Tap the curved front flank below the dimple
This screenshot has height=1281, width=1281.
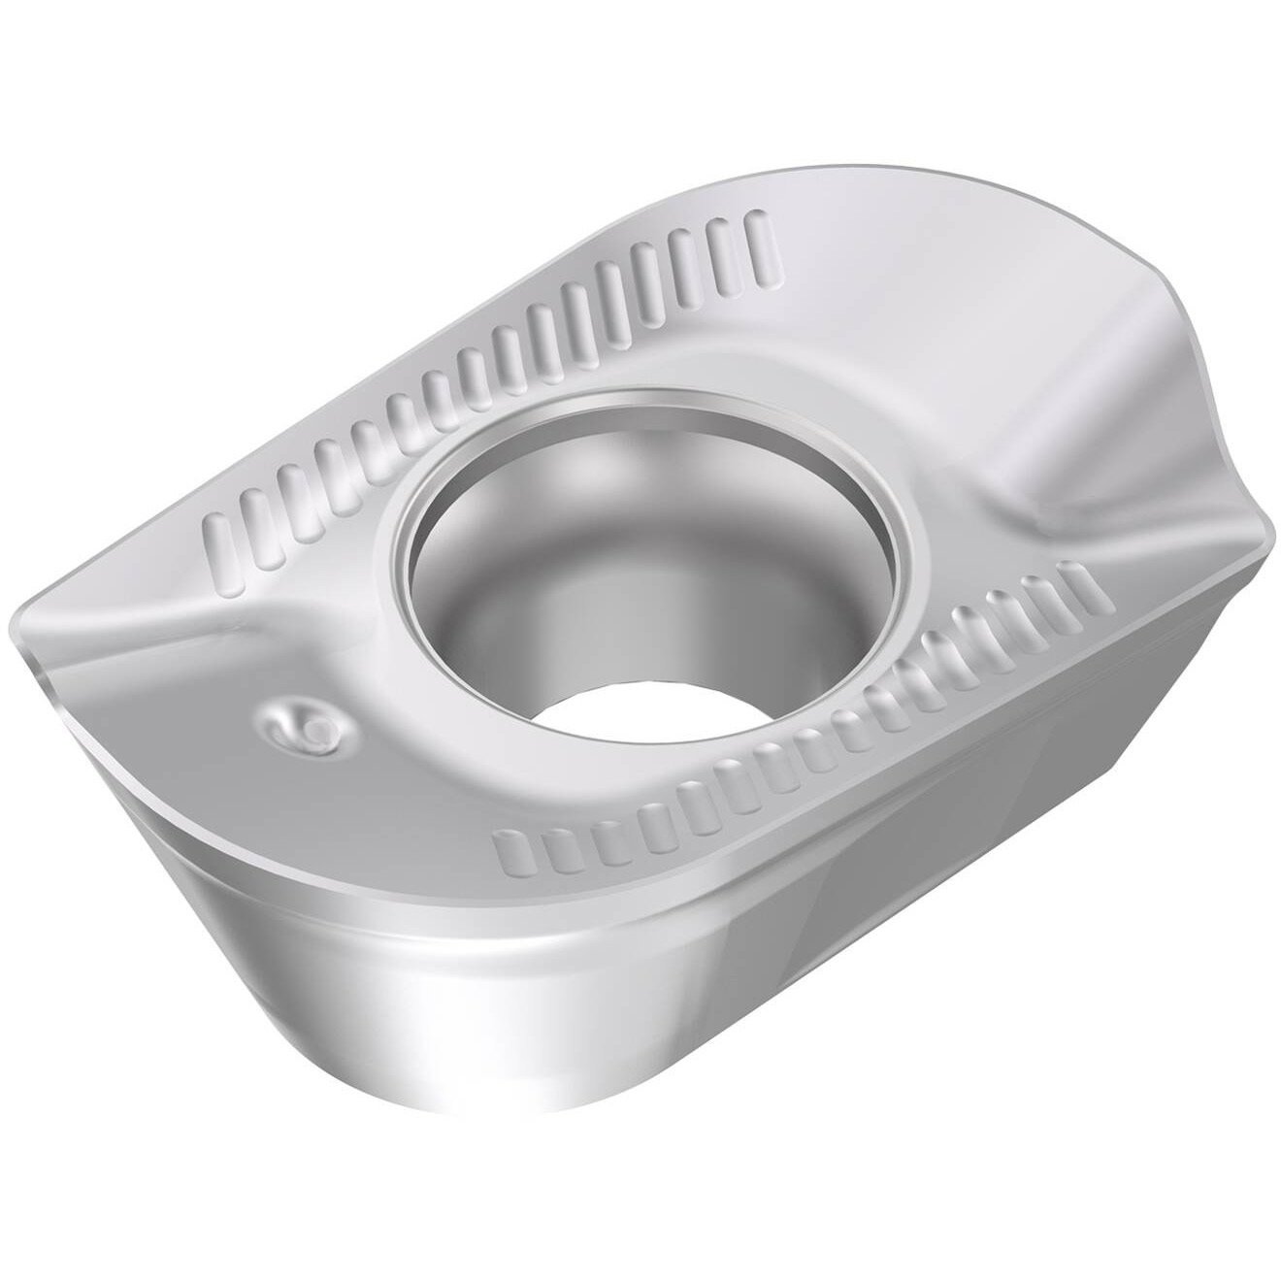click(x=243, y=932)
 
